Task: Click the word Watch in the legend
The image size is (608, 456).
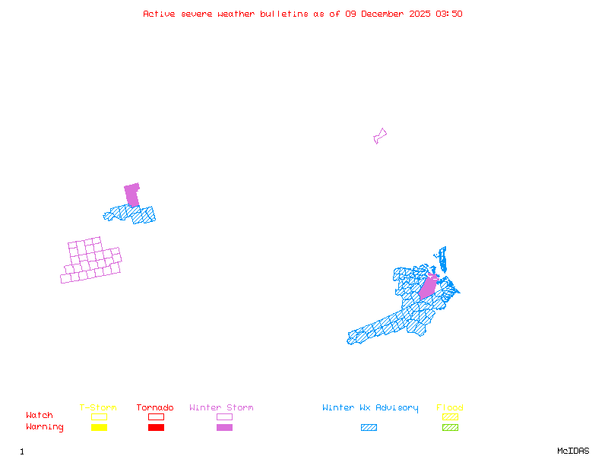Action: coord(40,416)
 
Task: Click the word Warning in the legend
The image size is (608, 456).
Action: coord(45,427)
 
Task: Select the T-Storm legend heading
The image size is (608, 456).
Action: coord(98,408)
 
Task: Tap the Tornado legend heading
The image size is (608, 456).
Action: coord(155,408)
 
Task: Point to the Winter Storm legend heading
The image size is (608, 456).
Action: coord(221,408)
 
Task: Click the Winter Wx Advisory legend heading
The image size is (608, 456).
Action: coord(370,408)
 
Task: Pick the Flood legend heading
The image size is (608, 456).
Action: coord(450,408)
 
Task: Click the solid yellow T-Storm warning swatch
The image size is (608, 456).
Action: coord(99,428)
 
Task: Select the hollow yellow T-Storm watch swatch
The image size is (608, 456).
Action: coord(99,416)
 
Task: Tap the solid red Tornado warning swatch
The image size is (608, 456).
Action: coord(156,428)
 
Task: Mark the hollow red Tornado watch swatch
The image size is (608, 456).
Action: coord(156,416)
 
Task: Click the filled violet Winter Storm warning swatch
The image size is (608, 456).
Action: coord(224,428)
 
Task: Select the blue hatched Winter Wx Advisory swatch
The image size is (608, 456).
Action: coord(369,428)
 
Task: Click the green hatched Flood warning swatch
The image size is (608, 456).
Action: coord(450,428)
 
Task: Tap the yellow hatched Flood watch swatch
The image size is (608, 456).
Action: coord(450,416)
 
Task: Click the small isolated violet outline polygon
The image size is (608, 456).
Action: coord(379,136)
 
